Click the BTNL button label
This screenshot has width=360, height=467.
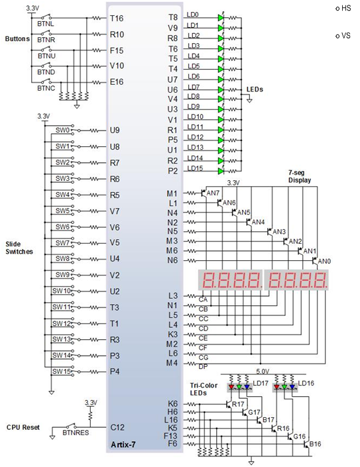[46, 24]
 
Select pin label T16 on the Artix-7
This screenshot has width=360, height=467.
[117, 19]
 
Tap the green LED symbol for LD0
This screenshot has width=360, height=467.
[221, 18]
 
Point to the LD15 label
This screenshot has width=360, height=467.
[195, 168]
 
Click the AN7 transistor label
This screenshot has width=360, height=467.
[213, 193]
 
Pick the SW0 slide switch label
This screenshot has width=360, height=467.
[62, 130]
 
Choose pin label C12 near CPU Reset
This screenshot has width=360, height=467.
[117, 427]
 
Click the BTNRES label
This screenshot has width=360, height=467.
[76, 433]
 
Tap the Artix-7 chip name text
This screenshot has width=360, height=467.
[123, 444]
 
